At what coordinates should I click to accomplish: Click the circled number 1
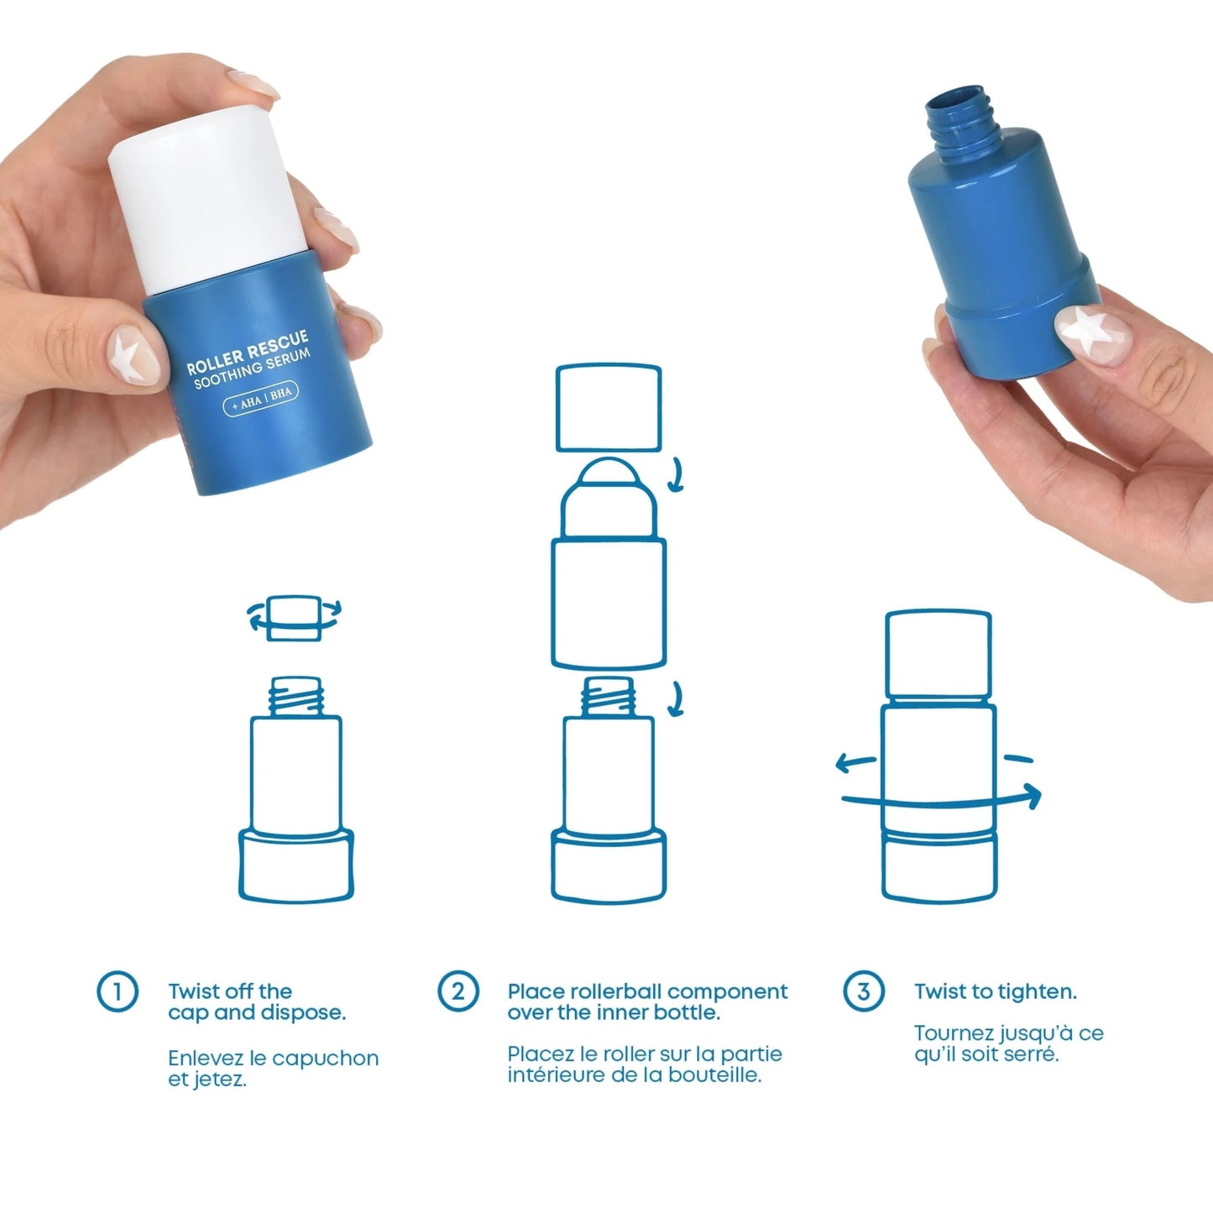(x=118, y=991)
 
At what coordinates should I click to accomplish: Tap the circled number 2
(x=457, y=991)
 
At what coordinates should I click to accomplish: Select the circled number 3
(x=863, y=991)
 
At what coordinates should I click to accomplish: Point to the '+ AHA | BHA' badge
(x=261, y=399)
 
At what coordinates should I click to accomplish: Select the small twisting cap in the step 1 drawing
(x=294, y=619)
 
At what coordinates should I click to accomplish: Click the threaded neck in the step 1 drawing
(x=295, y=696)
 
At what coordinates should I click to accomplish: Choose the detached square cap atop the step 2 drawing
(x=609, y=407)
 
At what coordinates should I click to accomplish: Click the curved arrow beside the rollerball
(x=677, y=476)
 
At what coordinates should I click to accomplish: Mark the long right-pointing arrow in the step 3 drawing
(x=940, y=799)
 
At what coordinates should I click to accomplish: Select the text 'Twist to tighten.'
(x=995, y=991)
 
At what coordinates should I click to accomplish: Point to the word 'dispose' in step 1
(x=303, y=1013)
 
